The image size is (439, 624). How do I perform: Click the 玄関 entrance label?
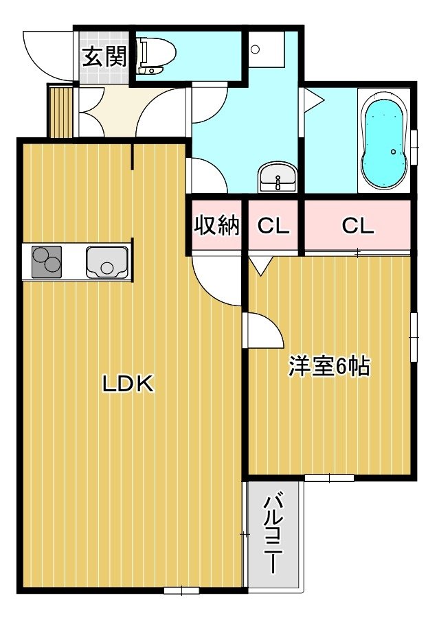click(105, 56)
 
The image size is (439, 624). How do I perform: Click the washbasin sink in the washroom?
click(278, 177)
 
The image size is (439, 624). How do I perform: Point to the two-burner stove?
click(47, 262)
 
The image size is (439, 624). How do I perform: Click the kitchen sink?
click(107, 262)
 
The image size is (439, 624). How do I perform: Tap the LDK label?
click(128, 384)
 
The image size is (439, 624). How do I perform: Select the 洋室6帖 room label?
click(330, 366)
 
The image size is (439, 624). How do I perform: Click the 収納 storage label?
click(217, 225)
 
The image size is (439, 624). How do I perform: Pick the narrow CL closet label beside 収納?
click(273, 226)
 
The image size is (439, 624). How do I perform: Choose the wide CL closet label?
click(358, 226)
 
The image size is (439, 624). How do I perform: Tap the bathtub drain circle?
click(394, 152)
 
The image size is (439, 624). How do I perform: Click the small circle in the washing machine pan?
click(256, 49)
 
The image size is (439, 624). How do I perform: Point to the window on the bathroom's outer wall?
click(414, 147)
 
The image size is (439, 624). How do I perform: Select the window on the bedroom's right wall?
click(414, 337)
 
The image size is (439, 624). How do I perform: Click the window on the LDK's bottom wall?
click(181, 590)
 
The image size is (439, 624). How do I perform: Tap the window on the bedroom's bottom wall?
click(330, 478)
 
